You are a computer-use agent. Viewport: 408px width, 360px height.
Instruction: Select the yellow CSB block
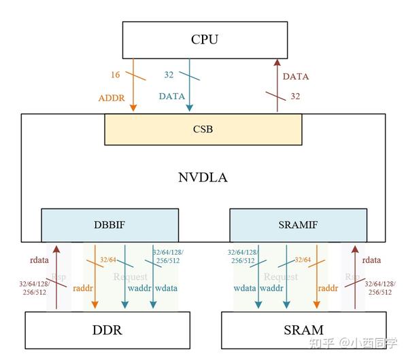pyautogui.click(x=203, y=129)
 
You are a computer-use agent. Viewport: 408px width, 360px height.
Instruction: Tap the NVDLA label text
pyautogui.click(x=203, y=178)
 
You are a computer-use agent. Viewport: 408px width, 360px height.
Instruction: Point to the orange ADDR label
pyautogui.click(x=112, y=97)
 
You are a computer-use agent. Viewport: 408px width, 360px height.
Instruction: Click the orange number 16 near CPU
pyautogui.click(x=115, y=73)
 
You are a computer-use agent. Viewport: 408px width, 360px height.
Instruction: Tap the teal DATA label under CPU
pyautogui.click(x=172, y=96)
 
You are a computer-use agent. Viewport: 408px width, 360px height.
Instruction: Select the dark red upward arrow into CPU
pyautogui.click(x=276, y=85)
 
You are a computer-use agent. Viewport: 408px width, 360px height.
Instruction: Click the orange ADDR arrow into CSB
pyautogui.click(x=133, y=88)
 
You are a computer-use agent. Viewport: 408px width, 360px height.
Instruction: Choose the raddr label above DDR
pyautogui.click(x=110, y=288)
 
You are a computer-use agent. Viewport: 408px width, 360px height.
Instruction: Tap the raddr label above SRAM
pyautogui.click(x=328, y=288)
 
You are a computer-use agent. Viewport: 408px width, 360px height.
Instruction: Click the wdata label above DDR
pyautogui.click(x=167, y=288)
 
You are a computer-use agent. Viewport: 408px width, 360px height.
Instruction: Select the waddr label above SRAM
pyautogui.click(x=270, y=288)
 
